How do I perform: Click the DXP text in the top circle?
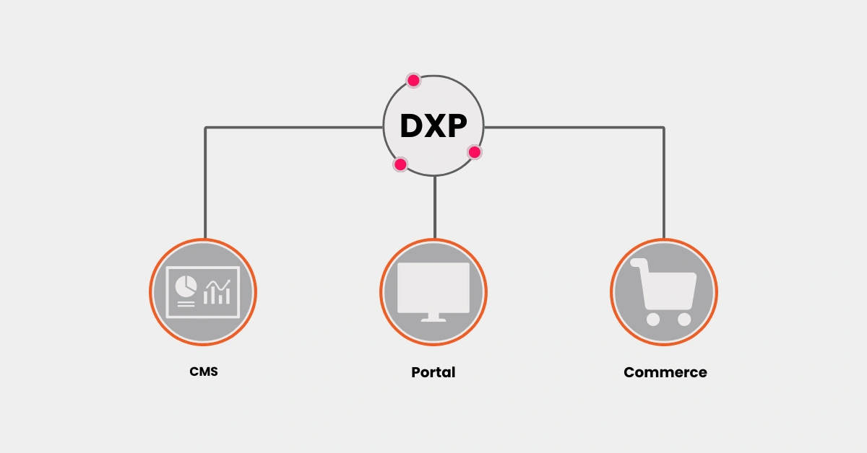433,126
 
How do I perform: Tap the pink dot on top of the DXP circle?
413,80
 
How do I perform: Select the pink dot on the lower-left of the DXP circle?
400,164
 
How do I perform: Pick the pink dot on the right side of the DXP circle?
474,152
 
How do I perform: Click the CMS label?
204,372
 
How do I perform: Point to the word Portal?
433,372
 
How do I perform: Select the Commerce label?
665,372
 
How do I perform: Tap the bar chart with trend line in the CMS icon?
217,291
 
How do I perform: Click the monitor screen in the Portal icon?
433,286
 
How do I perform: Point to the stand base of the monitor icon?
433,318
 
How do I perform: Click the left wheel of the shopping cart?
653,318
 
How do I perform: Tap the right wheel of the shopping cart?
683,318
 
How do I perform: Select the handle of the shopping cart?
636,263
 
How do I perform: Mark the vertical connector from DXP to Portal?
434,208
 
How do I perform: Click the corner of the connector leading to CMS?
205,128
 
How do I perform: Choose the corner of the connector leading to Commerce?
663,128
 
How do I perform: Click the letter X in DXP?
433,126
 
